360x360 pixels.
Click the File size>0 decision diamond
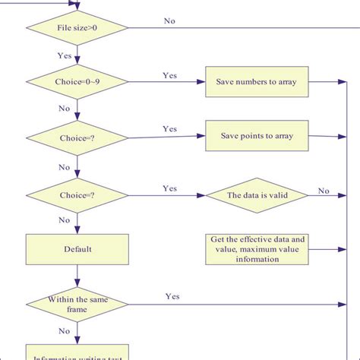76,29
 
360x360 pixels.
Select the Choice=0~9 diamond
76,81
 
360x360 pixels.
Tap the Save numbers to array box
257,81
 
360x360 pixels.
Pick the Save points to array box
257,137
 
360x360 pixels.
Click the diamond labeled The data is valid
257,194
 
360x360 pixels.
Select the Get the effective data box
257,248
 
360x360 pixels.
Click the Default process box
76,248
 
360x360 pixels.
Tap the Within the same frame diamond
76,305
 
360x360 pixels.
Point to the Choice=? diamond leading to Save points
76,138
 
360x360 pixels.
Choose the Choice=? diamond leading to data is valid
76,194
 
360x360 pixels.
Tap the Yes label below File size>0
65,55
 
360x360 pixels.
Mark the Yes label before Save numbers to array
170,74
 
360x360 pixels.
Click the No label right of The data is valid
324,191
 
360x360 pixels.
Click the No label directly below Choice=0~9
65,109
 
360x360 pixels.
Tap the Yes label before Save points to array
170,129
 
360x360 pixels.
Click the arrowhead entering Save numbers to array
202,81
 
